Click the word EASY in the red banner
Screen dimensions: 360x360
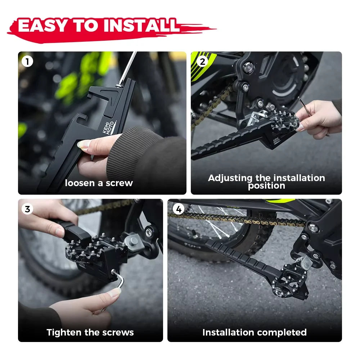42,26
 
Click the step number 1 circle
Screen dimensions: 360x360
27,62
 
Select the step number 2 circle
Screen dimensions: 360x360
202,62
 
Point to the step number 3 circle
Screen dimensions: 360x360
27,209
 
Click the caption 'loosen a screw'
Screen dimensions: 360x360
99,183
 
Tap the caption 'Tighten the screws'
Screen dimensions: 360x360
90,332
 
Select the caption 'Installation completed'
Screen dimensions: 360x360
254,332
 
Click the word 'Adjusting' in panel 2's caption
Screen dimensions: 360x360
230,178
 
